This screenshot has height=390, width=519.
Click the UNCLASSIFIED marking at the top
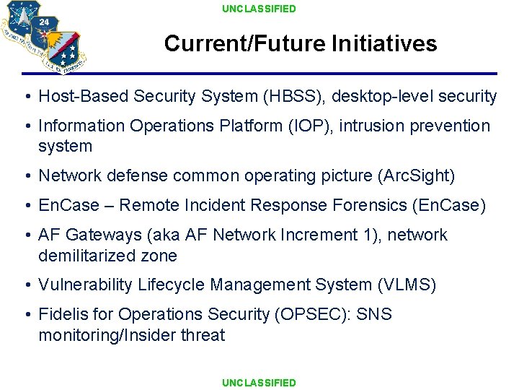259,9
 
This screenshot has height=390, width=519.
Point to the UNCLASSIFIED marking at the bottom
259,383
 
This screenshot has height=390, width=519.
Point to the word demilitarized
86,256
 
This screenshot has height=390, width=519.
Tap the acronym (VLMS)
407,285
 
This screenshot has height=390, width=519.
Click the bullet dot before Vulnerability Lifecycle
26,286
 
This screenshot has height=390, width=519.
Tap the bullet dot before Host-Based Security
26,97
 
